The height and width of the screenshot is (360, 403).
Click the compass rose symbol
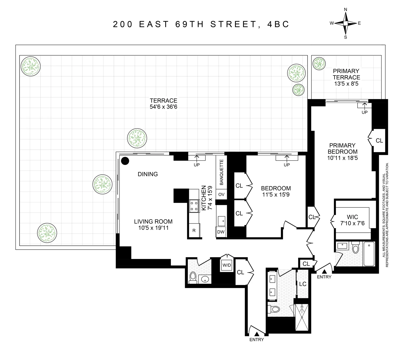(x=346, y=23)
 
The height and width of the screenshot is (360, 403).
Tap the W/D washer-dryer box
(x=226, y=265)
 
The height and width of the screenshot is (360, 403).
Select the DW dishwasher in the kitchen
(x=221, y=232)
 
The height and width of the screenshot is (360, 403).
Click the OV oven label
(x=221, y=194)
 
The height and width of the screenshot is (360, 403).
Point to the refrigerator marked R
(x=194, y=231)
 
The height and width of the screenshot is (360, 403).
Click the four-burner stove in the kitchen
(x=194, y=206)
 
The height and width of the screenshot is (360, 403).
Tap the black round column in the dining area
(x=125, y=161)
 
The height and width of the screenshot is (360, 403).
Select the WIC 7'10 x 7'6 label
(x=352, y=220)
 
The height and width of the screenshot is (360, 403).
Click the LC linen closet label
(x=303, y=284)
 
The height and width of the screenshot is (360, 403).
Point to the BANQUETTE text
(x=222, y=172)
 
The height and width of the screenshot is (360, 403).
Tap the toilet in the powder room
(x=193, y=277)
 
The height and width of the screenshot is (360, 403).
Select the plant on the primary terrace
(x=319, y=64)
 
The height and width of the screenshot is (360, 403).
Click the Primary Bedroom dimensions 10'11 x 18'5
(x=342, y=158)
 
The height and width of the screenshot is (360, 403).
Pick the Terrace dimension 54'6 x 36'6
(x=163, y=107)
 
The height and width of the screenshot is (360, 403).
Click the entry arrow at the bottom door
(x=257, y=334)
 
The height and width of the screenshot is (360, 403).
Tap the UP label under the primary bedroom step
(x=364, y=112)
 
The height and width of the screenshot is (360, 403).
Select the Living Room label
(x=153, y=222)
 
